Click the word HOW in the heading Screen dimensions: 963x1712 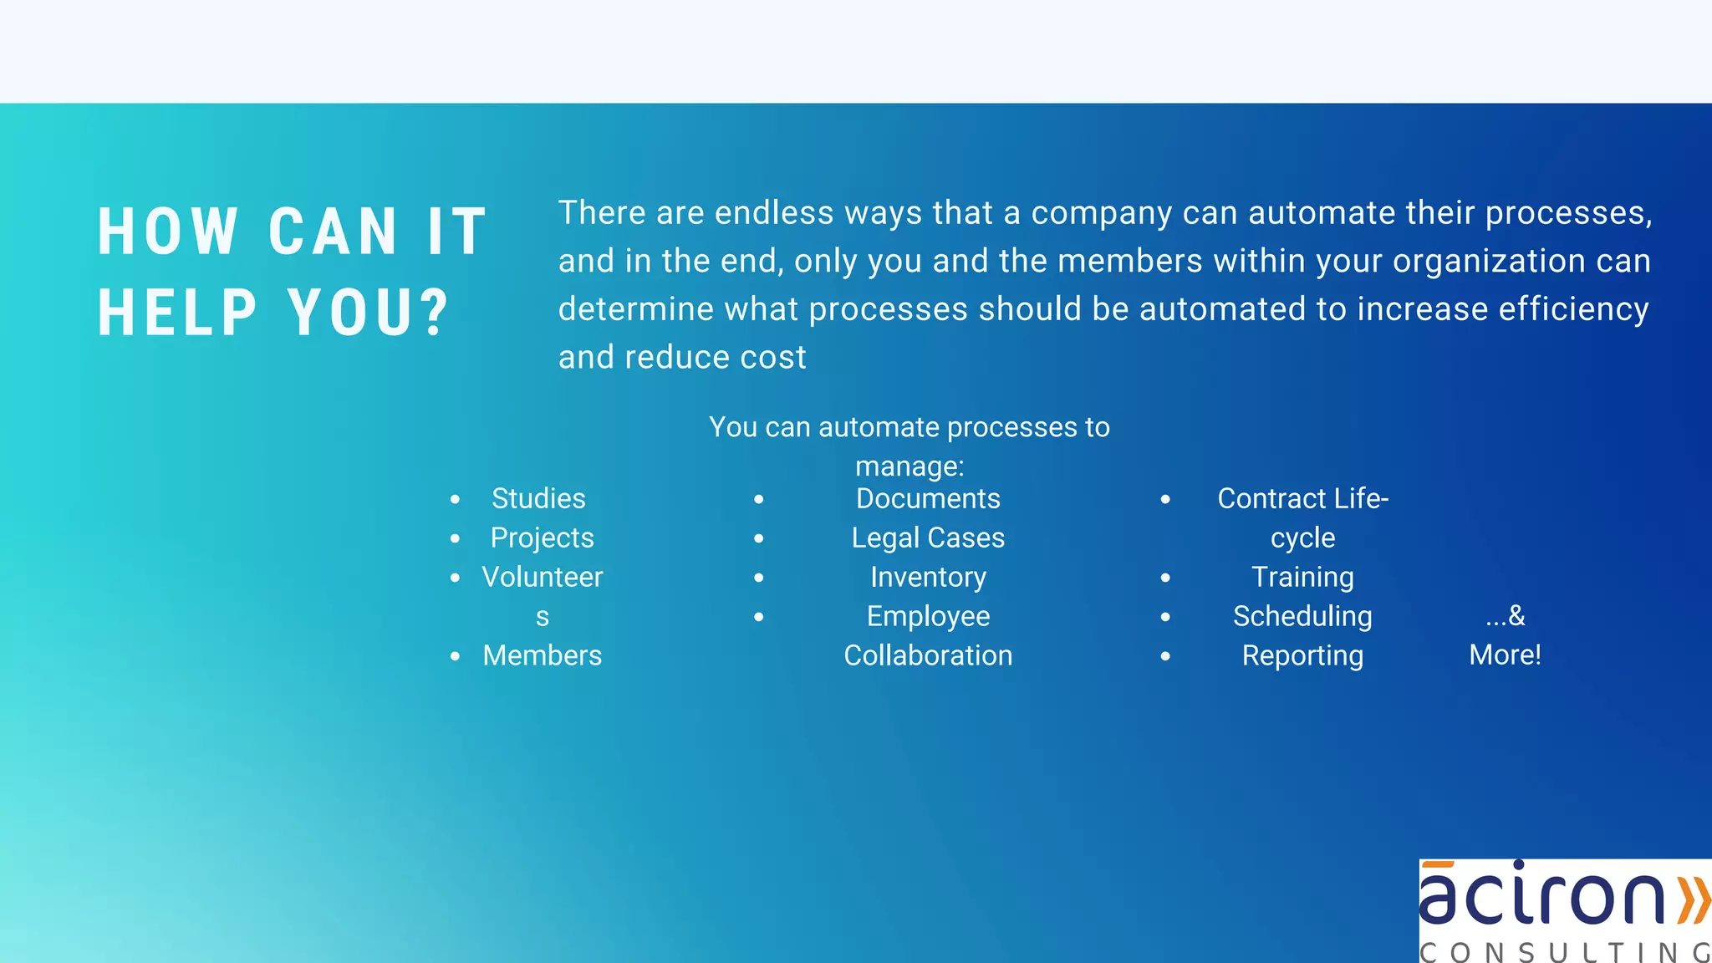tap(168, 232)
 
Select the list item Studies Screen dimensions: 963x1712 tap(538, 498)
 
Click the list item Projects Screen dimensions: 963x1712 tap(542, 538)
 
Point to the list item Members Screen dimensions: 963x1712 tap(542, 655)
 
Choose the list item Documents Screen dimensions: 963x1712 tap(928, 498)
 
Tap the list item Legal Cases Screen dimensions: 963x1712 tap(928, 538)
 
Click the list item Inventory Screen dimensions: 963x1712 tap(928, 577)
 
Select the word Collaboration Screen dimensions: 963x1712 tap(928, 655)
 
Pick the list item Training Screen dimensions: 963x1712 tap(1302, 577)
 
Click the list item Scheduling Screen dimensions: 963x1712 tap(1302, 616)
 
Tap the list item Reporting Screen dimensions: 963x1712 tap(1302, 655)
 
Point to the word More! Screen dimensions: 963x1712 tap(1505, 655)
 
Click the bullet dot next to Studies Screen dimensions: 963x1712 tap(455, 500)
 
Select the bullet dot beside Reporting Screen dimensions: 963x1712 tap(1165, 657)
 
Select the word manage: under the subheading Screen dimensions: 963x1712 tap(909, 466)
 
